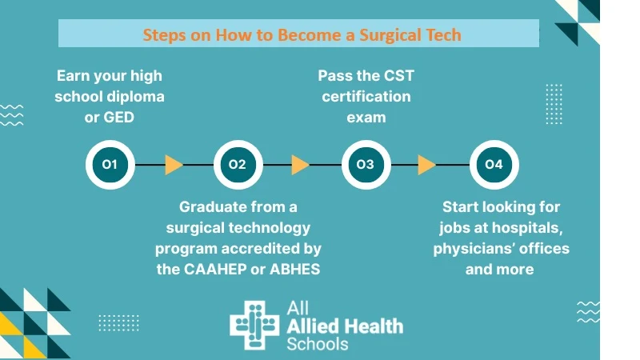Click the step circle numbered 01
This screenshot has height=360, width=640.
110,165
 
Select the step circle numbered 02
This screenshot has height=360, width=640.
237,165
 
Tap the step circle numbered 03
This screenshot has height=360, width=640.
365,165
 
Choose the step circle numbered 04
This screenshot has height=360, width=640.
493,165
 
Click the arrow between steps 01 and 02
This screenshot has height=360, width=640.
174,165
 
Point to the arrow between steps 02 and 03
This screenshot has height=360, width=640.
301,165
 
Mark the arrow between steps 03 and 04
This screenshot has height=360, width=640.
427,165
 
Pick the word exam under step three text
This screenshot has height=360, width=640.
366,118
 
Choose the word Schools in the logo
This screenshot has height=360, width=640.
318,344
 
